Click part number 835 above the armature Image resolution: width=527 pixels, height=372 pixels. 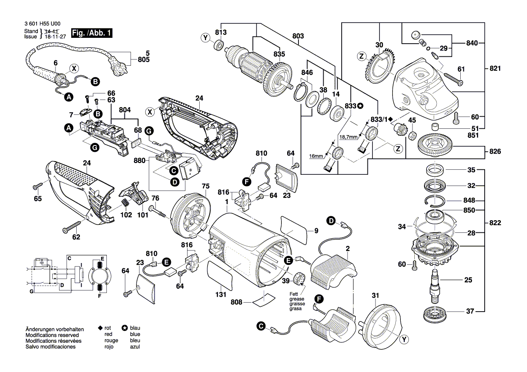(279, 54)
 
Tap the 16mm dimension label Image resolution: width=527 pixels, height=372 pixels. (316, 156)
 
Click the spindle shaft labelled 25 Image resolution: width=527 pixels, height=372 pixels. (435, 283)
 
